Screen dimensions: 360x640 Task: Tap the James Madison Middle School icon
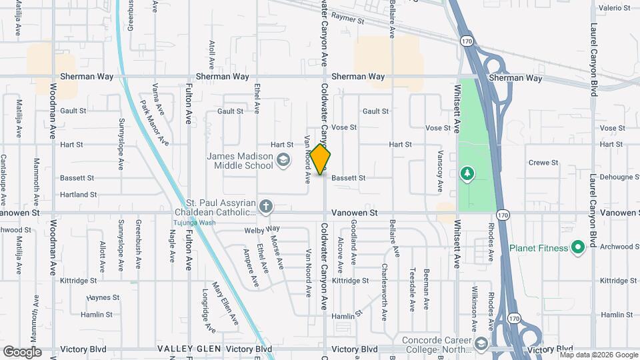[x=283, y=159]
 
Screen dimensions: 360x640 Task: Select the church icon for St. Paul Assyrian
[x=266, y=206]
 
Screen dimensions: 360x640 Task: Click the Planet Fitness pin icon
[x=578, y=248]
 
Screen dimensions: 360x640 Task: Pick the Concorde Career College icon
[x=481, y=343]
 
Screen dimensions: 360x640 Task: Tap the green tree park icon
[x=467, y=173]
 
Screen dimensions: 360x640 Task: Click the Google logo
[x=22, y=352]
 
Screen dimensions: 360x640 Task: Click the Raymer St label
[x=349, y=19]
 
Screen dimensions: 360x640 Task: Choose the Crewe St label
[x=543, y=163]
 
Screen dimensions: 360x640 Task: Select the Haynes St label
[x=103, y=297]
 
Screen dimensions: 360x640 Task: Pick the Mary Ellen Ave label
[x=225, y=303]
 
